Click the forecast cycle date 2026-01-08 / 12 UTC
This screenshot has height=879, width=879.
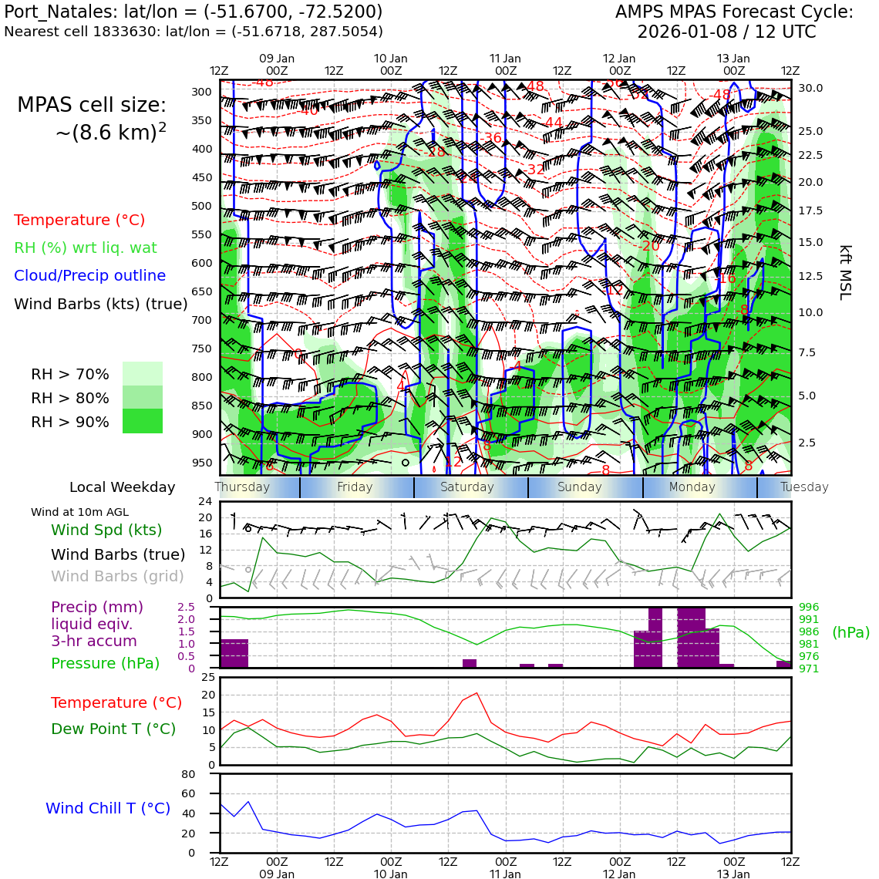coord(726,32)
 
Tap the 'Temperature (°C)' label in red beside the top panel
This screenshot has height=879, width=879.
coord(79,220)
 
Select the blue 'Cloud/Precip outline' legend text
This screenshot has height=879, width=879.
coord(89,275)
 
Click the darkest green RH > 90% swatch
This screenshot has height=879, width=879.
coord(143,421)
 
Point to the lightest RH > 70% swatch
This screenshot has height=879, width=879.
coord(143,373)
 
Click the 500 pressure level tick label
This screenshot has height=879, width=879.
coord(202,206)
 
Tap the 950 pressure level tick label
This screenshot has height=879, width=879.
coord(202,463)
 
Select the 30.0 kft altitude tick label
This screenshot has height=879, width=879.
coord(810,88)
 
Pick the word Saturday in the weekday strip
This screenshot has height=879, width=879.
coord(466,487)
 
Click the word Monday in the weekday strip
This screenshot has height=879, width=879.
coord(692,487)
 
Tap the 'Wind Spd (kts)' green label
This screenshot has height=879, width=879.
coord(106,530)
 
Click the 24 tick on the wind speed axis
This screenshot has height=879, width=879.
coord(205,501)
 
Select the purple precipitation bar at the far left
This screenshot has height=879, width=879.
coord(234,653)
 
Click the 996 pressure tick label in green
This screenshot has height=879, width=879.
coord(809,608)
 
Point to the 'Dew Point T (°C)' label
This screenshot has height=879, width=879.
coord(113,729)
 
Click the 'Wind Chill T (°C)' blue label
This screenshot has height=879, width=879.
coord(108,808)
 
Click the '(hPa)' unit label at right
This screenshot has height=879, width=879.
coord(850,632)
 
